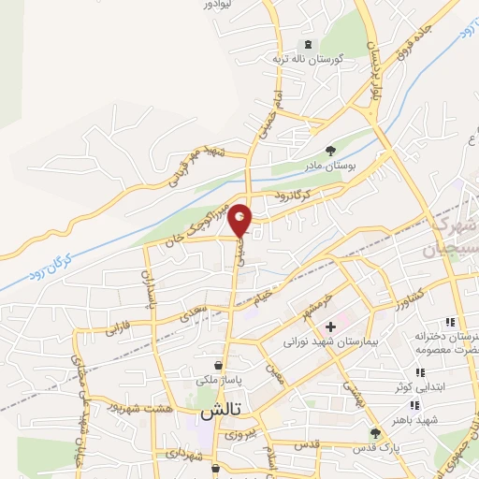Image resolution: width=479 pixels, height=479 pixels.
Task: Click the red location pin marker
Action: (240, 220)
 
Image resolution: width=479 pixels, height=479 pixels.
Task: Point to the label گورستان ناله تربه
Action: (309, 59)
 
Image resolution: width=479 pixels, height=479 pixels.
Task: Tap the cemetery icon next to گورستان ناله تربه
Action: (308, 44)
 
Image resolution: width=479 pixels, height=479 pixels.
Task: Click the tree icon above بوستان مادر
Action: (328, 150)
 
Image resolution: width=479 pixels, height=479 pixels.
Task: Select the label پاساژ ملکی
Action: (217, 380)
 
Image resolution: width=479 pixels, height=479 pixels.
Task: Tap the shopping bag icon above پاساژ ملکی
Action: (217, 365)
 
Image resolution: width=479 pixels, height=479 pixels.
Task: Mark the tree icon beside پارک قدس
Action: (375, 433)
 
